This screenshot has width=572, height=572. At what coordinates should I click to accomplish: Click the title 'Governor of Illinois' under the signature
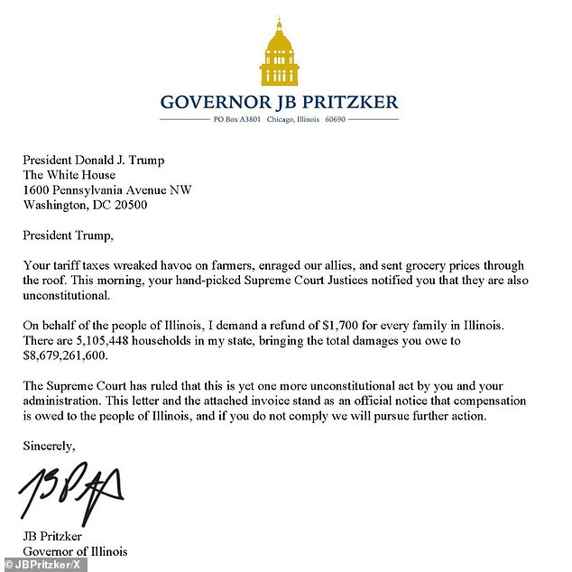click(76, 550)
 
